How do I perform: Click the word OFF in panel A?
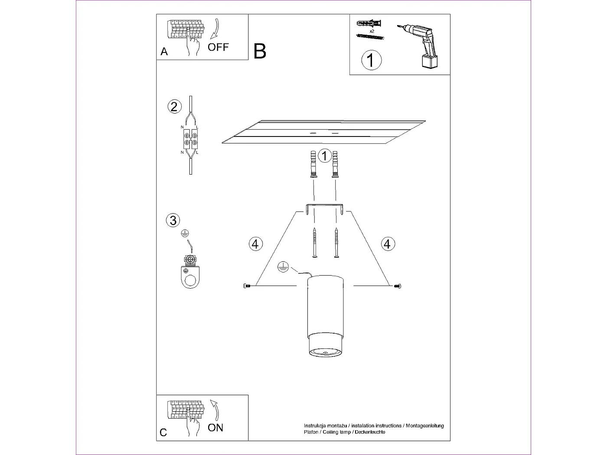218,47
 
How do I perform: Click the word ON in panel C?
215,428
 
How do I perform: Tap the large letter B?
260,51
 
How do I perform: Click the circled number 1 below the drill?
371,60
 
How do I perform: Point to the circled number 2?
174,107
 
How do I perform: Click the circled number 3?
173,220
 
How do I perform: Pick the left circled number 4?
255,244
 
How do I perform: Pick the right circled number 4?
388,244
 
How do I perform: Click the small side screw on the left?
247,286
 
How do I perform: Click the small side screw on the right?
398,286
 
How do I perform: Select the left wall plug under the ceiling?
313,164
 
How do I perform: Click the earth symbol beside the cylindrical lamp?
283,267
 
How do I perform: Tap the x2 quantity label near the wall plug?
372,31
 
